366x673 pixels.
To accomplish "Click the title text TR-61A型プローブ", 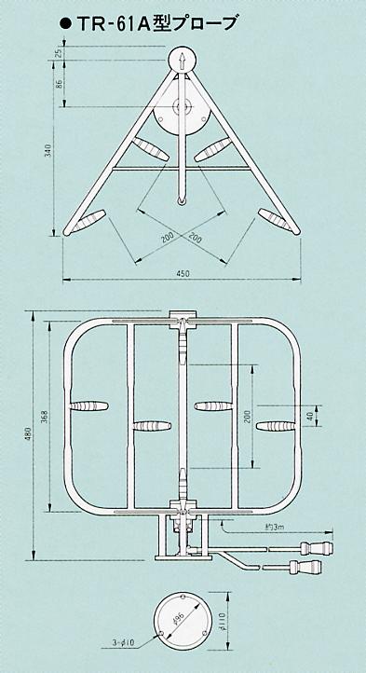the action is (156, 24).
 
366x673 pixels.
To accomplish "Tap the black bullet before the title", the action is (65, 25).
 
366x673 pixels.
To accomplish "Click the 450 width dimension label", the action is (183, 273).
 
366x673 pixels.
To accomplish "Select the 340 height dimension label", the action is (48, 150).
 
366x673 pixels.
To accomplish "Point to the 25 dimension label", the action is (59, 53).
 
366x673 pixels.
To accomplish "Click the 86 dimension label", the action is (59, 83).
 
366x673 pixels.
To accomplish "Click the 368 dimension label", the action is (46, 418).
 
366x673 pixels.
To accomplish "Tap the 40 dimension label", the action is (310, 416).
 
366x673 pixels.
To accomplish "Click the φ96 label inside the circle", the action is (179, 619).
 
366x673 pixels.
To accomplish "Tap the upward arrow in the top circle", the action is (182, 61).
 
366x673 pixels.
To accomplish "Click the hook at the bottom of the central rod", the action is (182, 200).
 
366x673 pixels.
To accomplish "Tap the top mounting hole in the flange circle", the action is (183, 597).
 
